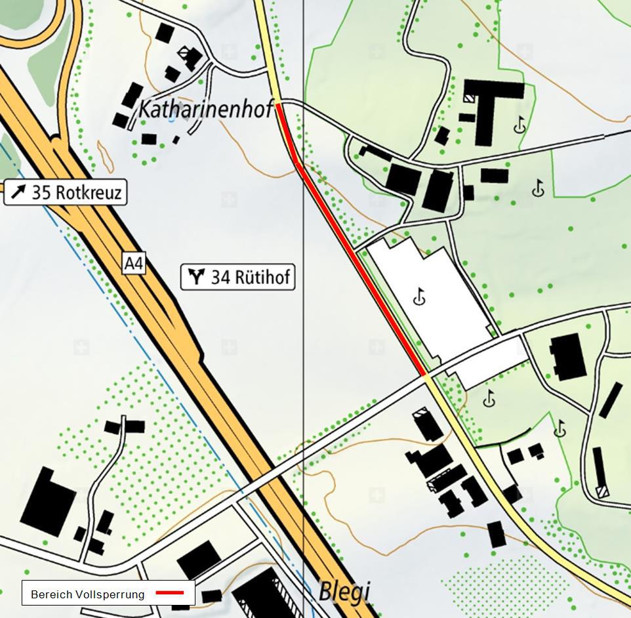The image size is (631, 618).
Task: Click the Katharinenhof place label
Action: [x=205, y=109]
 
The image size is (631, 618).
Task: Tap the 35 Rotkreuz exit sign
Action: [x=66, y=192]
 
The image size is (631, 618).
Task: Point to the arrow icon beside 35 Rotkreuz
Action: [x=18, y=192]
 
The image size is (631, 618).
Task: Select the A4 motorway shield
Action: [x=133, y=264]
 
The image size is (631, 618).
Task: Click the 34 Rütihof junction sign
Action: [x=238, y=277]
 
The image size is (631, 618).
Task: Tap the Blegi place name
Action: [x=344, y=592]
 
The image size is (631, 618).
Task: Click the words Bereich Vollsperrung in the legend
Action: [x=87, y=594]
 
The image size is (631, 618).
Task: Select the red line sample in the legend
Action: [x=174, y=593]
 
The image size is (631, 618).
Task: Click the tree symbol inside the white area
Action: [x=420, y=298]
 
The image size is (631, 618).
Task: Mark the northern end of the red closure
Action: [x=278, y=104]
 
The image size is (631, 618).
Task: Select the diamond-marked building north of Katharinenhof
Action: [x=190, y=56]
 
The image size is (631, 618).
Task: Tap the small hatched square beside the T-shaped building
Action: [x=470, y=96]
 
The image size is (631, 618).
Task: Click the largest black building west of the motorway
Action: [x=48, y=503]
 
